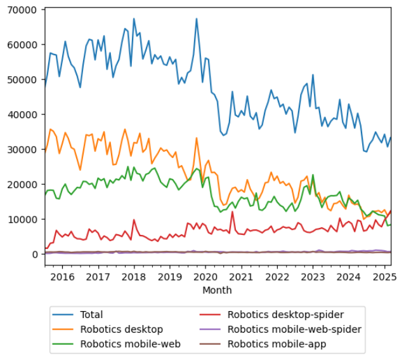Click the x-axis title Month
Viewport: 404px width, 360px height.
tap(217, 290)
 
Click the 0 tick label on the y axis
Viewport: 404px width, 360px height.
tap(37, 254)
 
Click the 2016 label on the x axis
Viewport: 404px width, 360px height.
tap(62, 277)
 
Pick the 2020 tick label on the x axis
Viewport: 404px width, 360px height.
tap(205, 277)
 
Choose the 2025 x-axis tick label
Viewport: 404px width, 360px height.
tap(384, 277)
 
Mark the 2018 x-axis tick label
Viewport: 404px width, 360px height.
tap(134, 277)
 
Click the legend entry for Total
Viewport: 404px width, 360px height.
tap(91, 314)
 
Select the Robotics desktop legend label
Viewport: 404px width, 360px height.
tap(121, 329)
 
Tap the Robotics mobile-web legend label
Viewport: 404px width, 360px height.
tap(130, 344)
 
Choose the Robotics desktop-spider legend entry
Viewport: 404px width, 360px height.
tap(285, 314)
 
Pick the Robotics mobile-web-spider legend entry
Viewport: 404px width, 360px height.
tap(294, 329)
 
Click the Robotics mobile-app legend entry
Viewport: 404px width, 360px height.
tap(277, 344)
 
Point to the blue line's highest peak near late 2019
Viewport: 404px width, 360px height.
tap(197, 18)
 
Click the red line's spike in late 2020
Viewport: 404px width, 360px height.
tap(232, 211)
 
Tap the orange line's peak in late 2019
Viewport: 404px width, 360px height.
tap(197, 138)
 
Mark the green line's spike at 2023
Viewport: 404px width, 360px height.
tap(313, 176)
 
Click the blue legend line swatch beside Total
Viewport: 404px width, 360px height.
tap(65, 314)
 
